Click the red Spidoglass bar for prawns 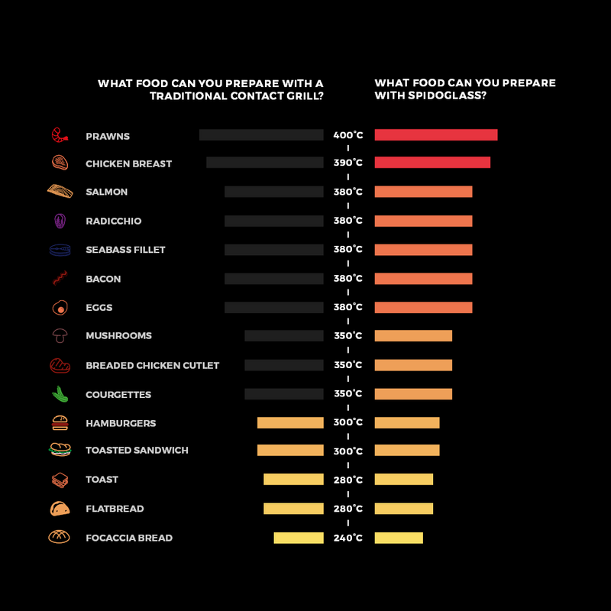tap(435, 135)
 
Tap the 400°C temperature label tap(348, 135)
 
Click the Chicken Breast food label tap(128, 163)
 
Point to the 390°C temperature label tap(348, 163)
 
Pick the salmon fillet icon tap(60, 191)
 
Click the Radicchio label tap(113, 221)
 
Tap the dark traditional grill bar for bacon tap(273, 279)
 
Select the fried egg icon tap(60, 307)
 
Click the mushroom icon tap(60, 335)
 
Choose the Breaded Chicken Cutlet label tap(152, 365)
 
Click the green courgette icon tap(60, 394)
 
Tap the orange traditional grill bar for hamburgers tap(290, 422)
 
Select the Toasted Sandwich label tap(137, 451)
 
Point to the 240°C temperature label tap(348, 538)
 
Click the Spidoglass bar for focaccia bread tap(398, 538)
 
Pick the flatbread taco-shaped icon tap(60, 508)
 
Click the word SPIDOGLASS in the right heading tap(444, 95)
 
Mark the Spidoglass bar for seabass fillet tap(423, 250)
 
